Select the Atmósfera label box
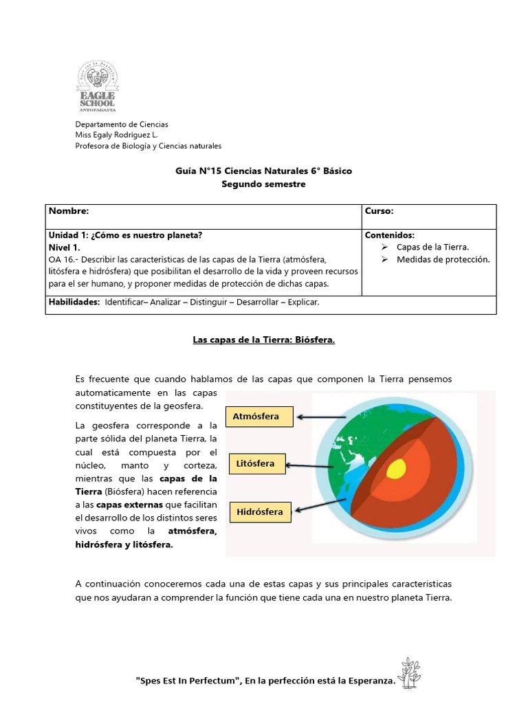tap(256, 417)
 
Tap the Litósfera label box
tap(255, 464)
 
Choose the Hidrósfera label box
tap(259, 511)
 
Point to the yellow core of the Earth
tap(396, 470)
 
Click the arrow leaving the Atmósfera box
tap(322, 417)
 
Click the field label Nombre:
tap(69, 212)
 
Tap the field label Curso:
tap(379, 212)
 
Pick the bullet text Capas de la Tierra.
tap(432, 247)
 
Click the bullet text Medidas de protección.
tap(443, 259)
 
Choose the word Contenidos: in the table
tap(390, 235)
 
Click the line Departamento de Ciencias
tap(122, 124)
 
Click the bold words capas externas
tap(130, 505)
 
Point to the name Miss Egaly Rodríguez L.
tap(116, 135)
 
